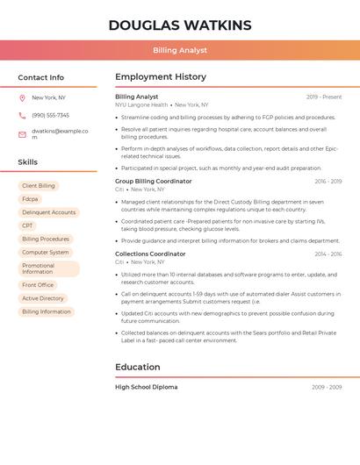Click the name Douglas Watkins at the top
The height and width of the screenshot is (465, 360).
pyautogui.click(x=180, y=25)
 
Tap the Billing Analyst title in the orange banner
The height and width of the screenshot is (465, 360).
pyautogui.click(x=180, y=51)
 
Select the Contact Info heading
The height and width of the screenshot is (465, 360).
pyautogui.click(x=41, y=77)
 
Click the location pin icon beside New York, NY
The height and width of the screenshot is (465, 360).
pyautogui.click(x=22, y=98)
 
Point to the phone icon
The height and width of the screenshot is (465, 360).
pyautogui.click(x=22, y=116)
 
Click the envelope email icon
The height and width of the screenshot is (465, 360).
pyautogui.click(x=22, y=134)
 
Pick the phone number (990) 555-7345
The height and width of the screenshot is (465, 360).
pyautogui.click(x=50, y=116)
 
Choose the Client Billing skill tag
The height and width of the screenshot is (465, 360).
pyautogui.click(x=39, y=186)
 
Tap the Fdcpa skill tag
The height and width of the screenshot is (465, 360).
pyautogui.click(x=30, y=199)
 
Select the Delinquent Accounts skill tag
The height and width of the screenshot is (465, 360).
pyautogui.click(x=48, y=212)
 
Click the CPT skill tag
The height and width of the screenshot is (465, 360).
pyautogui.click(x=27, y=225)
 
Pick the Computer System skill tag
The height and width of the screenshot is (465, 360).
pyautogui.click(x=46, y=252)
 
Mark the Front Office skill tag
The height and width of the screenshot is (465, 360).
pyautogui.click(x=38, y=285)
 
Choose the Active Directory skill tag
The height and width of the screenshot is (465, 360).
pyautogui.click(x=43, y=298)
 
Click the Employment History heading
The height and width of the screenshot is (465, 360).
pyautogui.click(x=161, y=77)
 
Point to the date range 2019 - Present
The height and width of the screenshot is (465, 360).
pyautogui.click(x=324, y=97)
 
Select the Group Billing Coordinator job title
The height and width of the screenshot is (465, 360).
pyautogui.click(x=153, y=182)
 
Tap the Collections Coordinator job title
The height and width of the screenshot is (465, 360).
pyautogui.click(x=150, y=254)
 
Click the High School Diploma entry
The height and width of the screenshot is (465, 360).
pyautogui.click(x=146, y=387)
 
